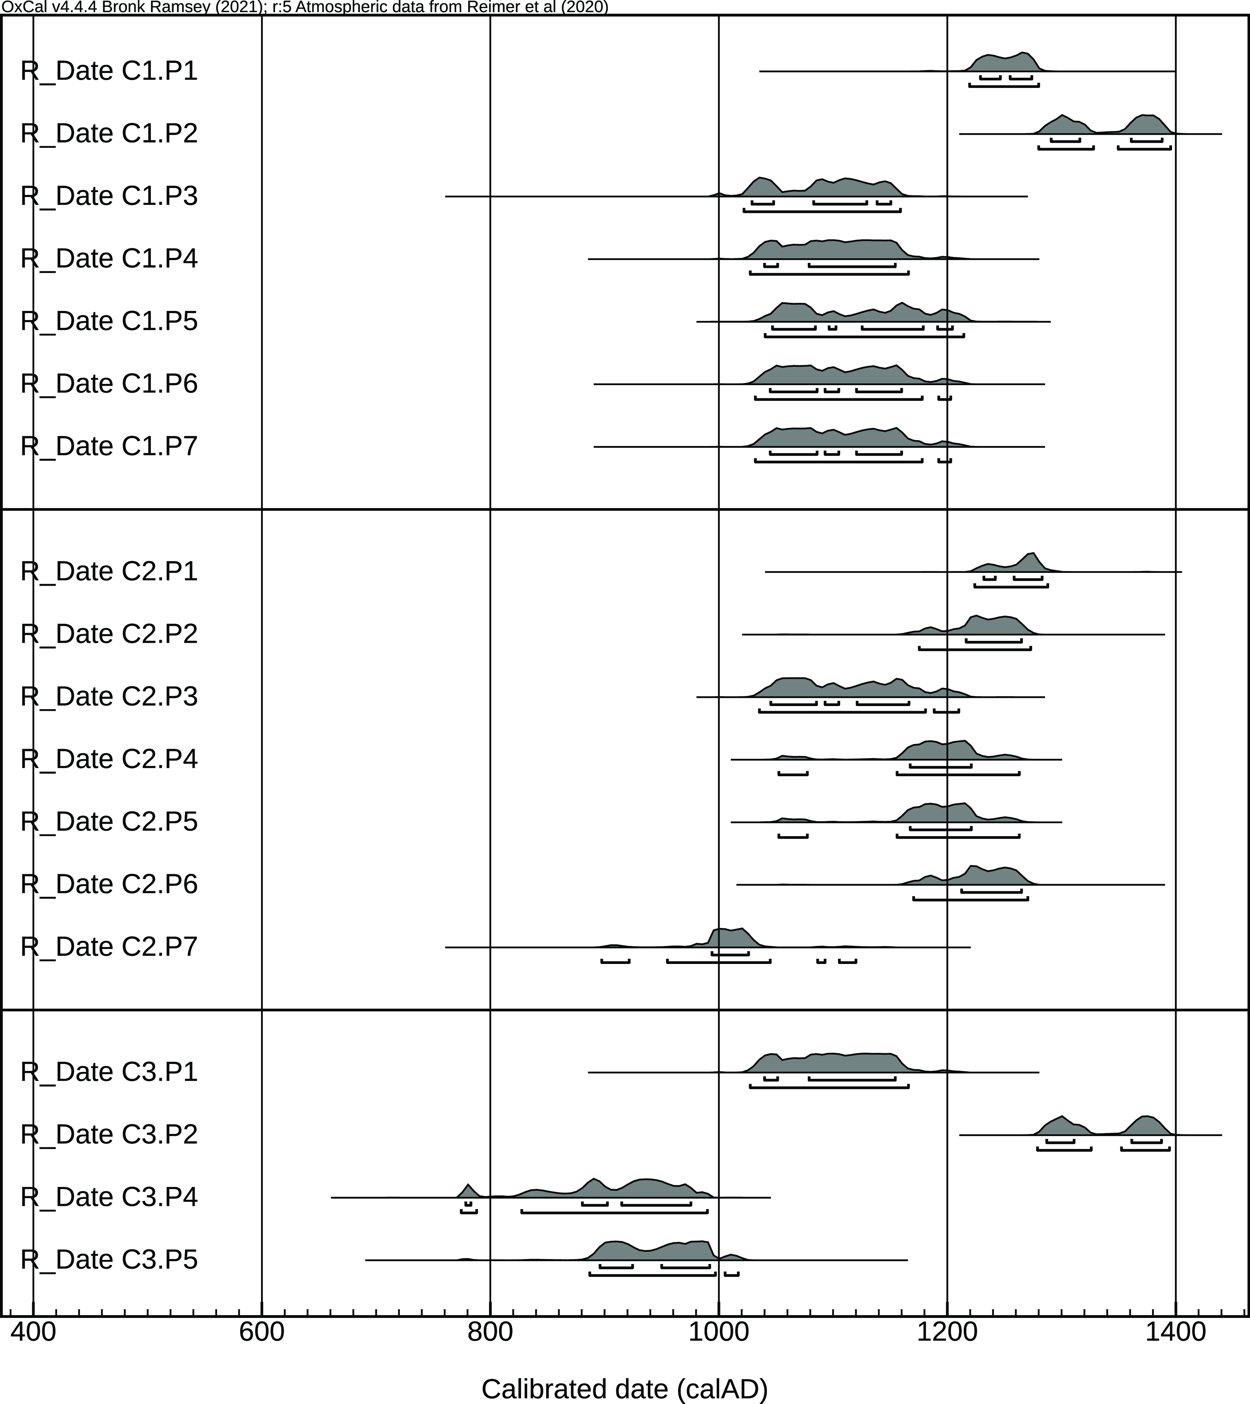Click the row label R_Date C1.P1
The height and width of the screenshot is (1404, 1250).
tap(109, 71)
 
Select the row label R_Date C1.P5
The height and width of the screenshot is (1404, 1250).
tap(109, 321)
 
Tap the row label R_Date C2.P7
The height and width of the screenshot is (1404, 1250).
tap(109, 946)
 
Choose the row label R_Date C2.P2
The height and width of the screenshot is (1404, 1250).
tap(109, 633)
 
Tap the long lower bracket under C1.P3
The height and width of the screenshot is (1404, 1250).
tap(821, 210)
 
